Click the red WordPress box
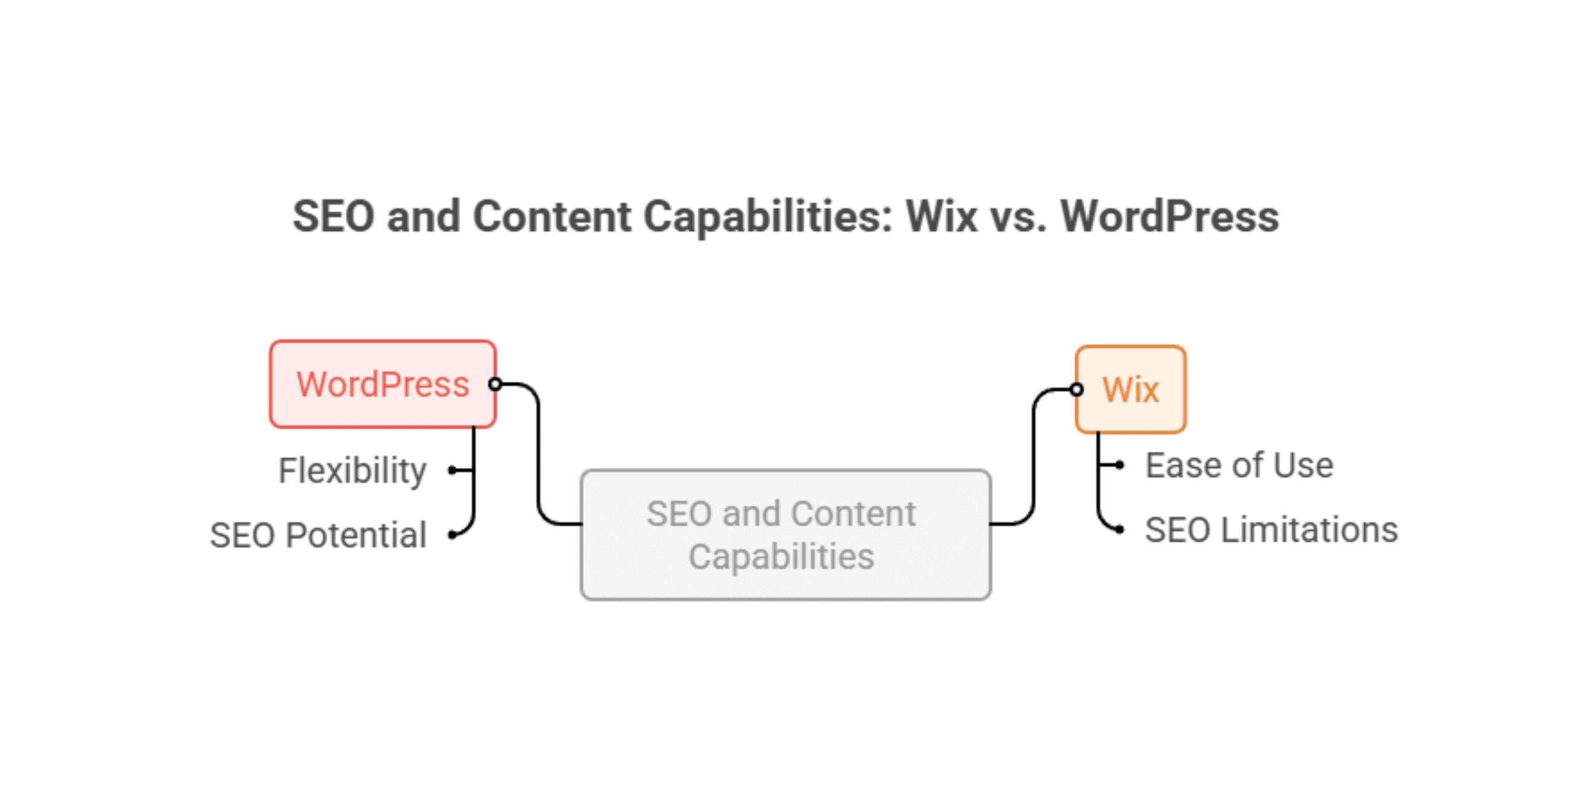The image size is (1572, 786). [382, 384]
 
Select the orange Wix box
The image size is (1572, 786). [1130, 389]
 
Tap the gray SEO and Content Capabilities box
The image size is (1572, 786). [785, 534]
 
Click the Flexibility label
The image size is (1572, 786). [352, 470]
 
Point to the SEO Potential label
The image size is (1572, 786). [318, 535]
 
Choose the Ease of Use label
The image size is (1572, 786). [1239, 465]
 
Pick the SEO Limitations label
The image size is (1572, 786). [1271, 530]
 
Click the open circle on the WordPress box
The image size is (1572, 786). [495, 384]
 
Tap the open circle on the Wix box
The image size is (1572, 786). [1076, 389]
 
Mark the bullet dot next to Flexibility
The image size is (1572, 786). [453, 470]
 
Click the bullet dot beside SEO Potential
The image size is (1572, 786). [453, 535]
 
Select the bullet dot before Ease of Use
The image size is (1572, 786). [1120, 465]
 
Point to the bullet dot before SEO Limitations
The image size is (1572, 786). [1120, 529]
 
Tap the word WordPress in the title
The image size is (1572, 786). [1170, 217]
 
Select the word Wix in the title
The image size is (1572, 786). [941, 217]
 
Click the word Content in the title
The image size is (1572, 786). [551, 217]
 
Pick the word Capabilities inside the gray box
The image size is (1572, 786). [781, 557]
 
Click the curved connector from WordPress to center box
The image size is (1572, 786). [539, 454]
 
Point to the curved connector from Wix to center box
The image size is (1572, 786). [1034, 454]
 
